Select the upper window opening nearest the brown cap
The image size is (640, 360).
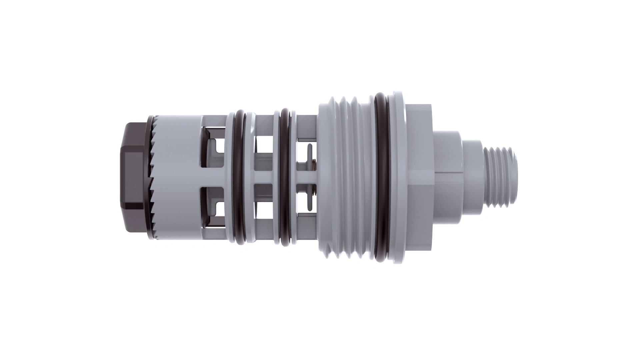[x=213, y=147]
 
